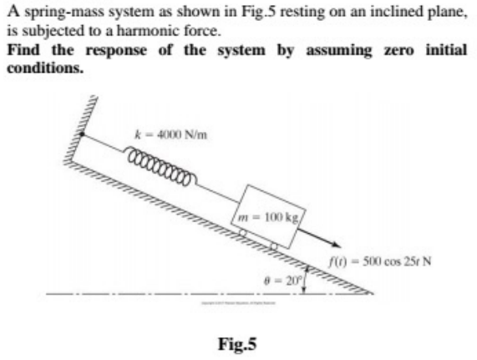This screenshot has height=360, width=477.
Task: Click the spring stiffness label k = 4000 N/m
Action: (165, 138)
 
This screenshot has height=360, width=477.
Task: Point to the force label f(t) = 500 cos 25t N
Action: (383, 256)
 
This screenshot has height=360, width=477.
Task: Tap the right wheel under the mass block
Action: (273, 248)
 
